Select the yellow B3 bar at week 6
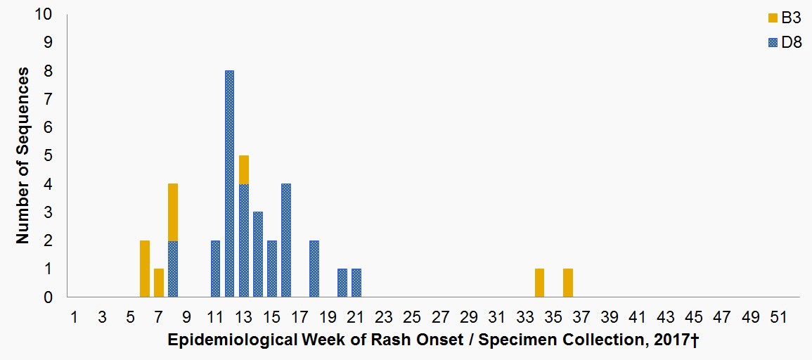pyautogui.click(x=145, y=269)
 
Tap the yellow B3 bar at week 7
pyautogui.click(x=159, y=283)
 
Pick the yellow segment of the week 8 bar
pyautogui.click(x=173, y=212)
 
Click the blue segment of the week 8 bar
pyautogui.click(x=173, y=269)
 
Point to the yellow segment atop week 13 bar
pyautogui.click(x=243, y=169)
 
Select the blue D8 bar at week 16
pyautogui.click(x=285, y=240)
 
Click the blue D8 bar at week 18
pyautogui.click(x=314, y=269)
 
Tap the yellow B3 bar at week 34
pyautogui.click(x=539, y=283)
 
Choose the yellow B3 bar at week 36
pyautogui.click(x=567, y=283)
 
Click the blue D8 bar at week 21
pyautogui.click(x=356, y=283)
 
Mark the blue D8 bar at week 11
pyautogui.click(x=215, y=269)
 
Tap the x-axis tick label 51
pyautogui.click(x=778, y=317)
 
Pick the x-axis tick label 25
pyautogui.click(x=413, y=317)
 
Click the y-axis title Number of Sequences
pyautogui.click(x=23, y=155)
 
